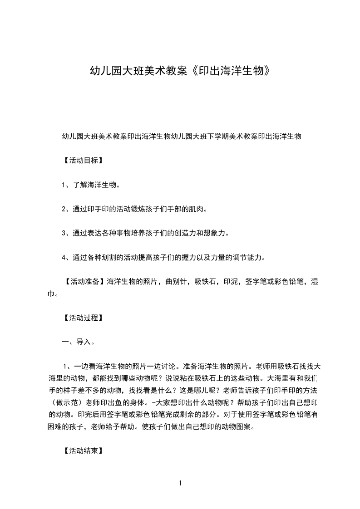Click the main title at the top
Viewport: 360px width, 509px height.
[x=180, y=71]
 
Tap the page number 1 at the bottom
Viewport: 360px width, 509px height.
[x=180, y=483]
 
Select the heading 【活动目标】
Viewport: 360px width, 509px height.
[x=81, y=160]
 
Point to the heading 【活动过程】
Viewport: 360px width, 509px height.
[x=81, y=318]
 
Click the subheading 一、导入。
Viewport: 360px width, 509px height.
[x=78, y=342]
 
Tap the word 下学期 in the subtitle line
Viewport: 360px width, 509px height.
[x=219, y=136]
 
